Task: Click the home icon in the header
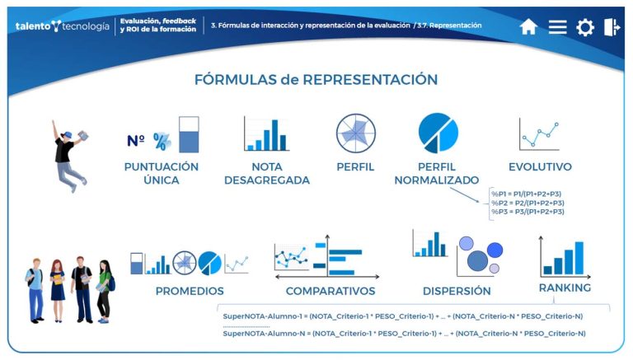(x=528, y=27)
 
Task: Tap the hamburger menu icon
(x=558, y=27)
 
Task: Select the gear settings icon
(x=585, y=27)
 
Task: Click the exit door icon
(x=612, y=27)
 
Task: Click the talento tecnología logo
(x=62, y=26)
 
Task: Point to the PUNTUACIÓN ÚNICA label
(x=161, y=173)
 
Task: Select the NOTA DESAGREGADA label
(x=266, y=173)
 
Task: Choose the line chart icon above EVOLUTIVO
(x=540, y=133)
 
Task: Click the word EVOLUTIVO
(x=540, y=167)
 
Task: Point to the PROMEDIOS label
(x=190, y=291)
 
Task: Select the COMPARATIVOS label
(x=331, y=291)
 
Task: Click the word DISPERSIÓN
(x=457, y=291)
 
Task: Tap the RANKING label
(x=565, y=288)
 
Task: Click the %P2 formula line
(x=527, y=203)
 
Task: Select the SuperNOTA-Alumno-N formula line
(x=404, y=333)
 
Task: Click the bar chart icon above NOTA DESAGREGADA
(x=266, y=134)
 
